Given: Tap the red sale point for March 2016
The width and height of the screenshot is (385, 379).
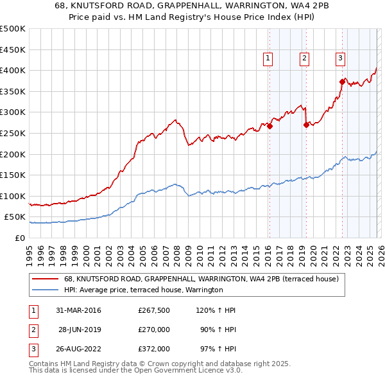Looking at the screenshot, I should [269, 126].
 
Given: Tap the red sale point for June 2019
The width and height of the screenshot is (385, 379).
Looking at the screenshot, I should [306, 125].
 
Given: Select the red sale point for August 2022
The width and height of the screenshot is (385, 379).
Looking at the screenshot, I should [342, 82].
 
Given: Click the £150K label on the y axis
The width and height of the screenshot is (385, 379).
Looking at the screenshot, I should [13, 175].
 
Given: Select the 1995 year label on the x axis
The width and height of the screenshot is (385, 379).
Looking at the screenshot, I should [29, 254].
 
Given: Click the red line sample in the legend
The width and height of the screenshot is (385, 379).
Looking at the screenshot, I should [46, 279].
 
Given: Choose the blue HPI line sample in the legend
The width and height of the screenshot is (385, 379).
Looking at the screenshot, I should [46, 290].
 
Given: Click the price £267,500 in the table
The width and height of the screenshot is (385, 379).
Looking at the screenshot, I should [153, 310].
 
